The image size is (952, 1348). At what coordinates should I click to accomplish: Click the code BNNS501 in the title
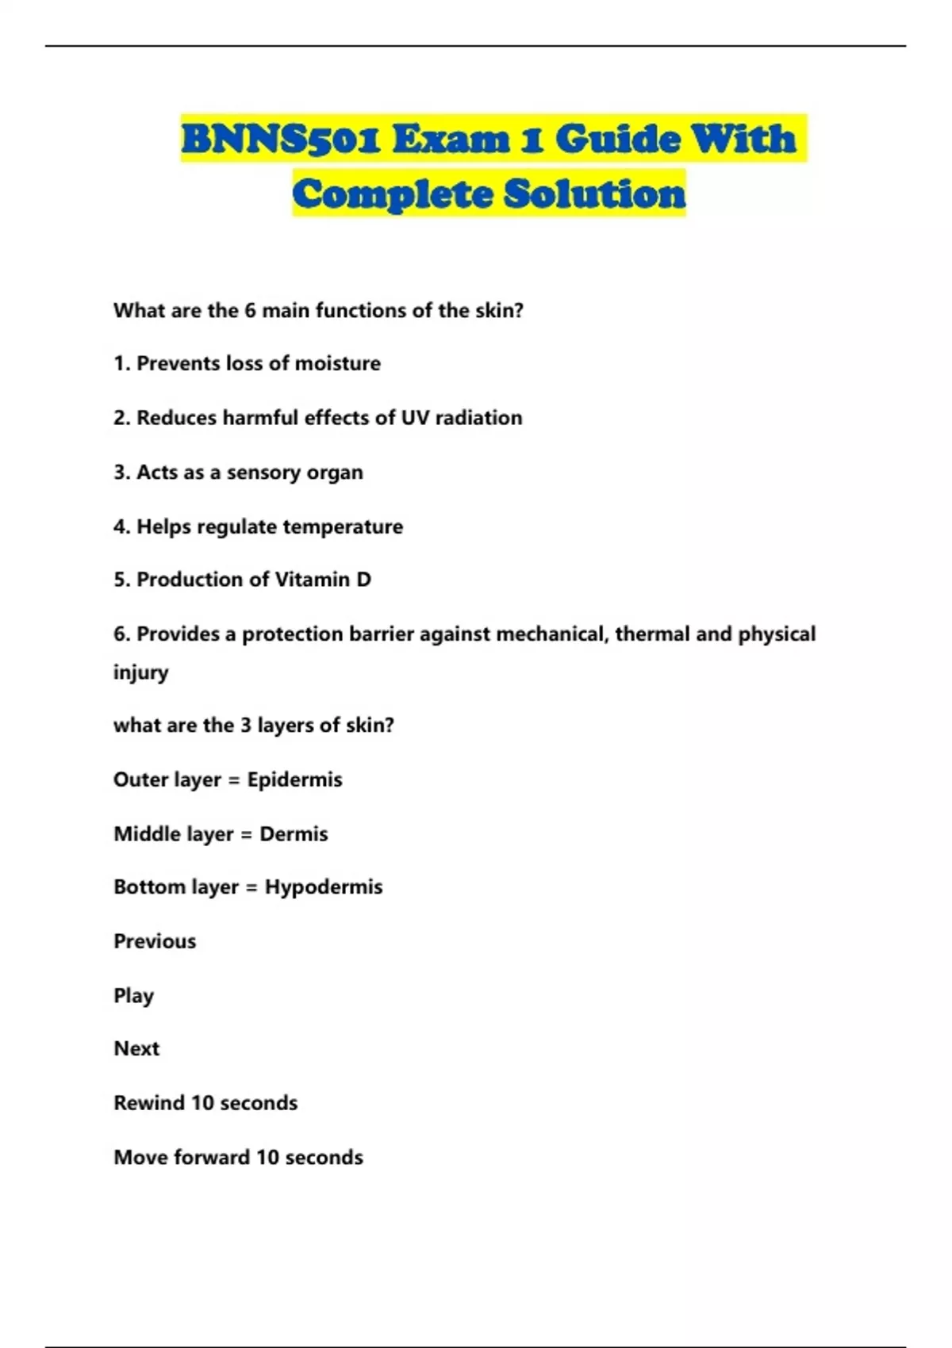(x=281, y=140)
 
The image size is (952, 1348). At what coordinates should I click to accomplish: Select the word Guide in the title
(x=618, y=140)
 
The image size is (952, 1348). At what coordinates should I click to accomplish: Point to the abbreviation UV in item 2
(x=415, y=418)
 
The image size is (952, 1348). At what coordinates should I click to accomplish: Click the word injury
(x=140, y=672)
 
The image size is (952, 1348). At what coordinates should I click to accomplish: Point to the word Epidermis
(x=294, y=779)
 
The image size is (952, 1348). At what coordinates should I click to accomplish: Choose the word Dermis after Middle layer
(x=294, y=834)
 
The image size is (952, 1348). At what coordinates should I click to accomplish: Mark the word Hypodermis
(x=324, y=887)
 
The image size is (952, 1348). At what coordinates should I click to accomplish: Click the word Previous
(x=155, y=941)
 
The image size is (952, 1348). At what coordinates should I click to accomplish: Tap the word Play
(x=133, y=996)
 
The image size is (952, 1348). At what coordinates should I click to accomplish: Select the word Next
(x=136, y=1048)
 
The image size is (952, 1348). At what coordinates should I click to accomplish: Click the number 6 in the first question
(x=249, y=311)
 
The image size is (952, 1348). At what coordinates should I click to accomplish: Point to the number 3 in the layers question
(x=246, y=726)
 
